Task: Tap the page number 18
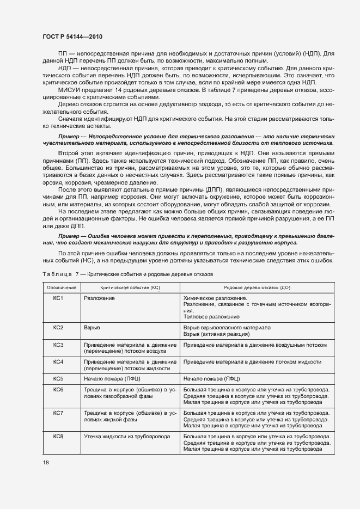45,463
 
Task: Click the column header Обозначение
61,287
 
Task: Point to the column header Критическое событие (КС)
129,287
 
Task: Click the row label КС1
59,298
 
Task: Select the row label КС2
59,328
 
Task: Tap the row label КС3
59,345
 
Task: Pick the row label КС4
59,361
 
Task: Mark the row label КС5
59,378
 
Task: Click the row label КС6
59,390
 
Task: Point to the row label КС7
59,413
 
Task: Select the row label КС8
59,437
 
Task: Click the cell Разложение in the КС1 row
100,298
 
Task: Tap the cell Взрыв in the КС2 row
90,328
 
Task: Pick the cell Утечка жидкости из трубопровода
126,437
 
